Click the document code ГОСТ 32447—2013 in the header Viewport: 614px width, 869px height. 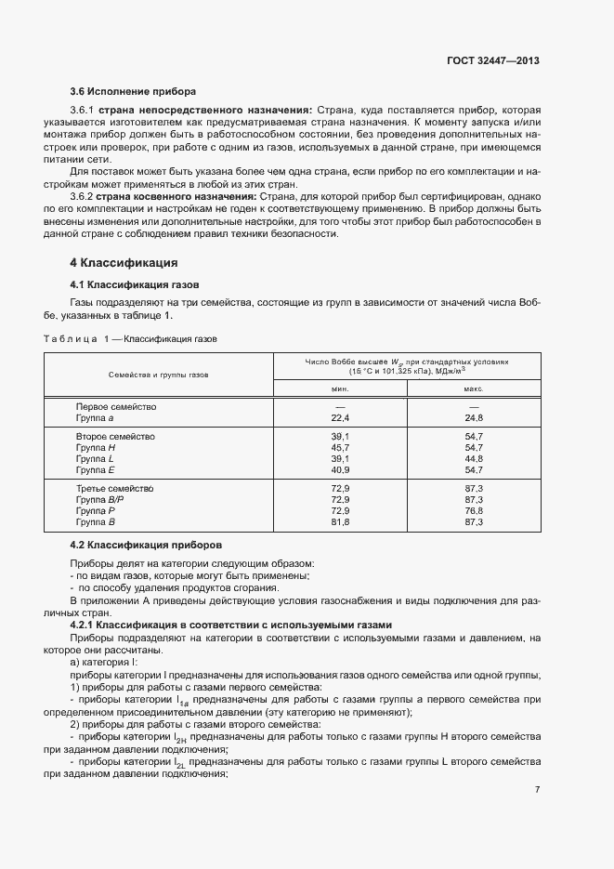(x=493, y=59)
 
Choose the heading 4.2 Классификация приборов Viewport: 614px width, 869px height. (x=146, y=544)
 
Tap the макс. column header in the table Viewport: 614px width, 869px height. (x=474, y=391)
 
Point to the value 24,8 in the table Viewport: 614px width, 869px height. (x=474, y=419)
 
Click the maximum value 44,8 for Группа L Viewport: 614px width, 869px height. (x=474, y=459)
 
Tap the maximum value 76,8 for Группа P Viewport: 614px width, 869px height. (x=474, y=511)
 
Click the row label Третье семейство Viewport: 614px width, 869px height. (x=115, y=488)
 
